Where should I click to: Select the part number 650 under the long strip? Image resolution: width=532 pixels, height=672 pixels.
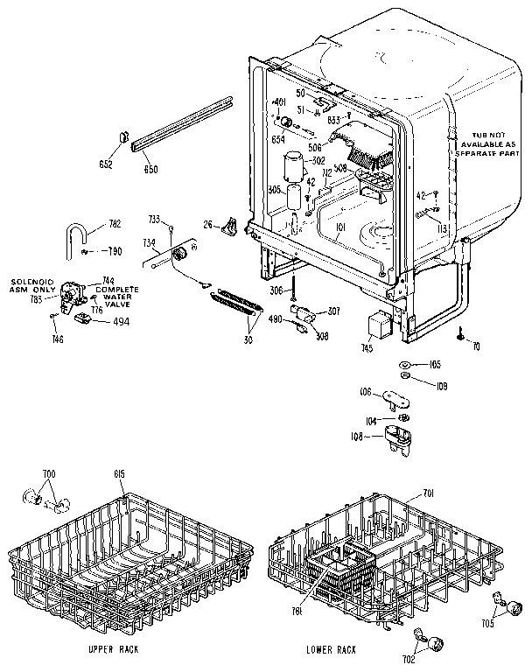[150, 169]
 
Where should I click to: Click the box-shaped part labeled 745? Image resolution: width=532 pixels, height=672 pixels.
[379, 327]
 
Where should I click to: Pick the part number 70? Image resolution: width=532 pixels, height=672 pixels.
[476, 346]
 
